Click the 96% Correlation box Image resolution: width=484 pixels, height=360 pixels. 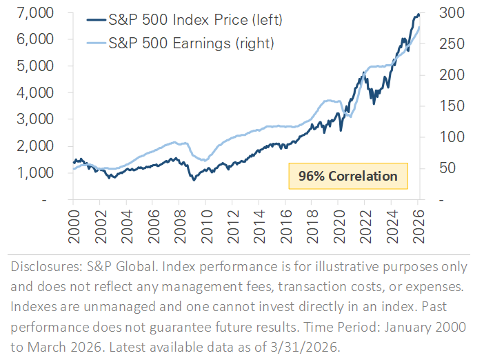pyautogui.click(x=347, y=176)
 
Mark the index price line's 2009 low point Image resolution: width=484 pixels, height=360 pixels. pyautogui.click(x=194, y=180)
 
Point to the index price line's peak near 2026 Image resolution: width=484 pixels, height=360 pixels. pyautogui.click(x=417, y=14)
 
